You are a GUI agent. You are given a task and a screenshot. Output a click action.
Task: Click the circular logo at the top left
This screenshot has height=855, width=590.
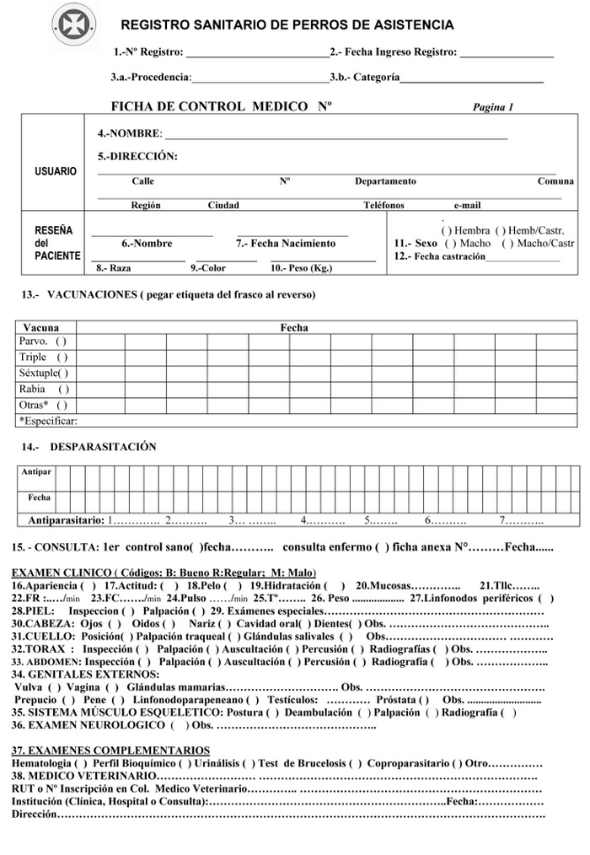74,26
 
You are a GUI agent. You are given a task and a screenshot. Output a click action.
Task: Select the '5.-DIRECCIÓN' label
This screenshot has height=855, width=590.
137,156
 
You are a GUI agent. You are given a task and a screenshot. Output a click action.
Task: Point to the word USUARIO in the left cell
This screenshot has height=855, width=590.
56,171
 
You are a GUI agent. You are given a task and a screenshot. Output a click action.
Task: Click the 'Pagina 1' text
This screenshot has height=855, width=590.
493,107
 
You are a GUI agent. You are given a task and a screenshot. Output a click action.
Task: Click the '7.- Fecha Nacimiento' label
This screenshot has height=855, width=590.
285,244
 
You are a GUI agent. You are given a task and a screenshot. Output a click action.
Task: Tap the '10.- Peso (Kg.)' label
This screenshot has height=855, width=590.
301,268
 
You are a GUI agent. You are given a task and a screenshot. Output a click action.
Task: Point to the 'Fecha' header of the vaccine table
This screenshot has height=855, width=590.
294,327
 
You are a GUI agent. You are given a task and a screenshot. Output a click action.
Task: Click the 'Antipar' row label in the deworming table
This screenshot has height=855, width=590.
37,472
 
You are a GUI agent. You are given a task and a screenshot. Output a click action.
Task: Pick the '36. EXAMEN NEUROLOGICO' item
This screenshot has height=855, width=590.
88,725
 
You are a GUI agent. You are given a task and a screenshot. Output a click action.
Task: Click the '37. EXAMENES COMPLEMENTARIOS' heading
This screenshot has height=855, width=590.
110,750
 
